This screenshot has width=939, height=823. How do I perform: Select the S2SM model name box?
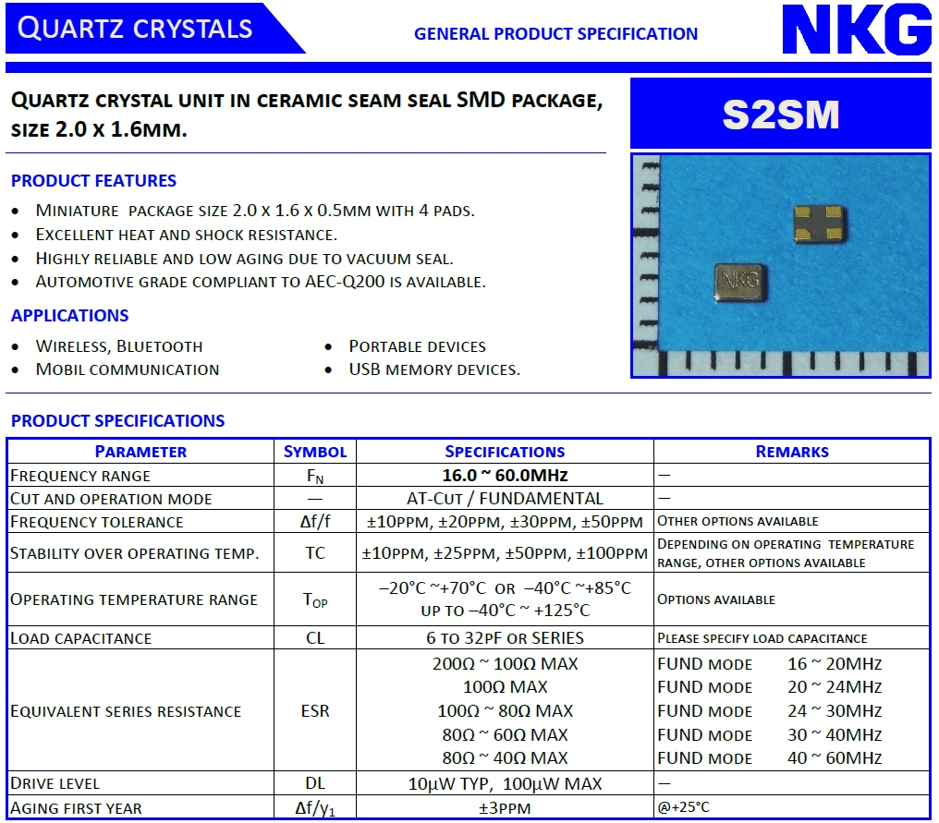pyautogui.click(x=781, y=115)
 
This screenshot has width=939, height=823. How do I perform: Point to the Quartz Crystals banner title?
pyautogui.click(x=135, y=29)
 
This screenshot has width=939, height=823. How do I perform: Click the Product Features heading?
pyautogui.click(x=93, y=181)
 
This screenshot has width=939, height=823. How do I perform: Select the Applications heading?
pyautogui.click(x=70, y=316)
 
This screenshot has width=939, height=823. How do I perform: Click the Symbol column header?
pyautogui.click(x=315, y=452)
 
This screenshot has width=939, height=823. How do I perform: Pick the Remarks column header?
pyautogui.click(x=792, y=452)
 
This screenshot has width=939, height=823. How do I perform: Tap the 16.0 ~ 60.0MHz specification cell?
pyautogui.click(x=505, y=476)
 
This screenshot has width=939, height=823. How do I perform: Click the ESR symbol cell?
pyautogui.click(x=315, y=711)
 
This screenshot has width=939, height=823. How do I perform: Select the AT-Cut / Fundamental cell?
pyautogui.click(x=505, y=499)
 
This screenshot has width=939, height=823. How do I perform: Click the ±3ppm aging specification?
pyautogui.click(x=505, y=808)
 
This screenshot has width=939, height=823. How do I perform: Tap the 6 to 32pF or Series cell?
pyautogui.click(x=505, y=638)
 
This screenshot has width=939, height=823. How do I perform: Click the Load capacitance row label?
pyautogui.click(x=80, y=638)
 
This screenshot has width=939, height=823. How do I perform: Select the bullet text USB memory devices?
pyautogui.click(x=434, y=369)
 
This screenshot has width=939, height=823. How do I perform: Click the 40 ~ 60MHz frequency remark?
pyautogui.click(x=835, y=758)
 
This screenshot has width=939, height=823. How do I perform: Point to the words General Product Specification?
pyautogui.click(x=555, y=34)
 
